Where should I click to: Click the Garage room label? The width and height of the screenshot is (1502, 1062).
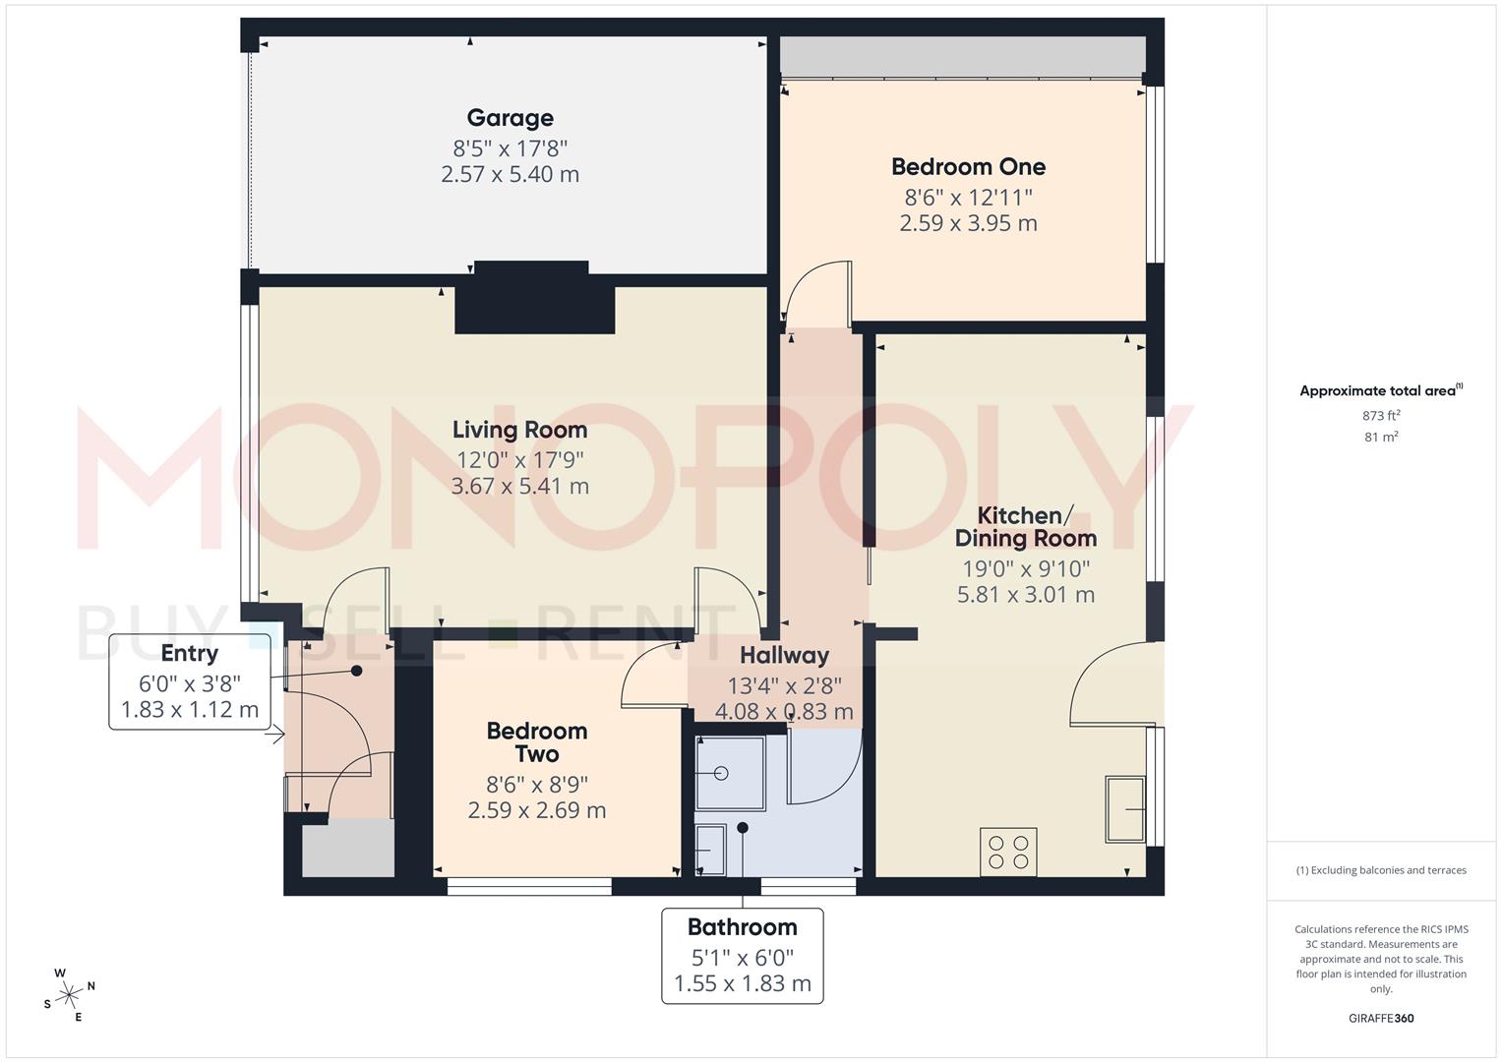(510, 118)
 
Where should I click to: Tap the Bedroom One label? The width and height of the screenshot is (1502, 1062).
(968, 166)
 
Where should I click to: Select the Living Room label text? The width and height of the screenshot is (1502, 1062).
(519, 430)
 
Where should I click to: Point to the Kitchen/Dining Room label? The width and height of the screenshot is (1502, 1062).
(1025, 527)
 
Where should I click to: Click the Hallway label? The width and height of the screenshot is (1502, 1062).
(784, 655)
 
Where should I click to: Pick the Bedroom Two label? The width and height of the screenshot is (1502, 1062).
(536, 742)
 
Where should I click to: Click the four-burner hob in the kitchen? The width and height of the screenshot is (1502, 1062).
(1008, 852)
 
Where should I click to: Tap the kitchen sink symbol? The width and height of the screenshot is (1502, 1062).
(1125, 809)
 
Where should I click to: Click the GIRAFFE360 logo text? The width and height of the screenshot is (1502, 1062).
(1380, 1018)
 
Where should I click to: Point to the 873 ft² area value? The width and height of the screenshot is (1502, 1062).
(1381, 415)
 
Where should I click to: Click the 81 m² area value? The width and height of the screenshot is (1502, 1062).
(1381, 438)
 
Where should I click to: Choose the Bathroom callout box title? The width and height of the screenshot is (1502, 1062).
(742, 927)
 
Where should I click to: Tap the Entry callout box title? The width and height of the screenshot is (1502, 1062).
(189, 653)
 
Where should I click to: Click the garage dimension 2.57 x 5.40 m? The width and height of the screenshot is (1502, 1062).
(510, 175)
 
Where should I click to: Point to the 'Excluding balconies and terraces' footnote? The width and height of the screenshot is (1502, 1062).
(1381, 870)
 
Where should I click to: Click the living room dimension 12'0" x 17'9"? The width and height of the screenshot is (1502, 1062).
(519, 459)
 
